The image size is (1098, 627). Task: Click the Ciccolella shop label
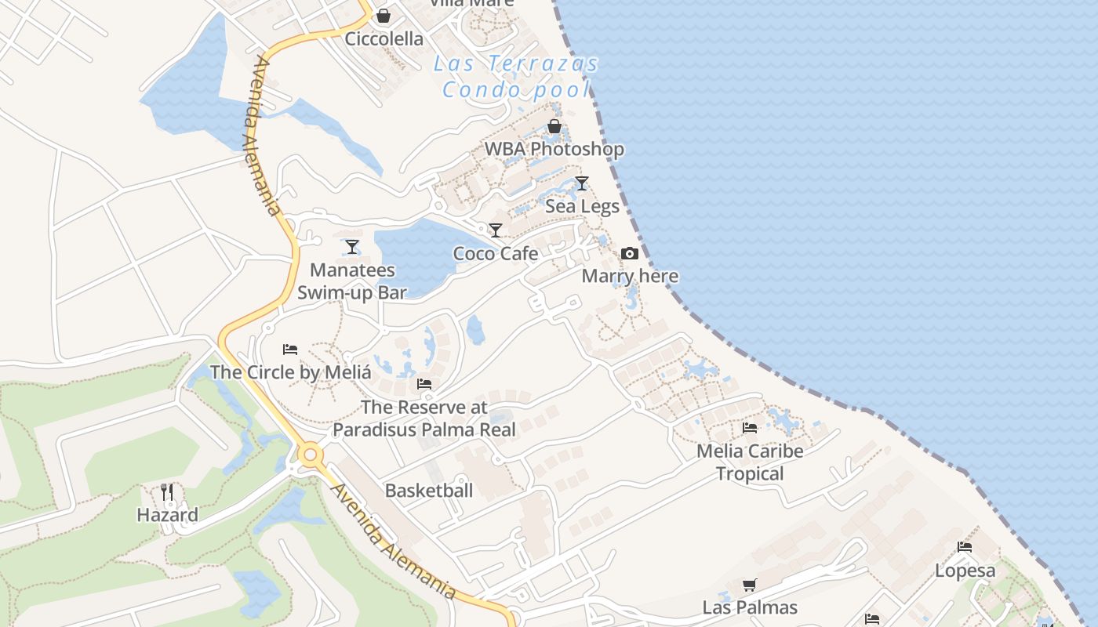point(384,38)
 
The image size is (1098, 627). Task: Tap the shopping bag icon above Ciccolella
point(384,16)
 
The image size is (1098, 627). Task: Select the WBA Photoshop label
point(554,149)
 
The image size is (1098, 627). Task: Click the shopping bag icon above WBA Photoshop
point(554,126)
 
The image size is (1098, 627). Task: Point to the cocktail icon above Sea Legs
point(581,183)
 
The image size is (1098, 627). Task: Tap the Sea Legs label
point(582,206)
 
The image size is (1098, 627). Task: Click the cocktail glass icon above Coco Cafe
point(495,230)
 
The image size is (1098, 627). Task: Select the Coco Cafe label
point(496,253)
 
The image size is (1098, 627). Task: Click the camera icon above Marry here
point(629,253)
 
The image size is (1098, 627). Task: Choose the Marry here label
point(630,276)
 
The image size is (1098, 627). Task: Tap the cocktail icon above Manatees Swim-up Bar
point(352,247)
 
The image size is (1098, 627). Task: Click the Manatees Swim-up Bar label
point(352,281)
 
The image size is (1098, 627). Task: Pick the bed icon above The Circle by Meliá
point(290,349)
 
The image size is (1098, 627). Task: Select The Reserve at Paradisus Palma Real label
point(424,419)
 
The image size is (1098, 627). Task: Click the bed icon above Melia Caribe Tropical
point(750,428)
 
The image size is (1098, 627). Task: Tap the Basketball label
point(428,491)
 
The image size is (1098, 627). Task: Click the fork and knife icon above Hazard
point(167,492)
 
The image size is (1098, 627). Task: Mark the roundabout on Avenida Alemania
point(311,454)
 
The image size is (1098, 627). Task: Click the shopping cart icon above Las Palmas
point(750,585)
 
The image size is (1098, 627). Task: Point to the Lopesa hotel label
point(965,571)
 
